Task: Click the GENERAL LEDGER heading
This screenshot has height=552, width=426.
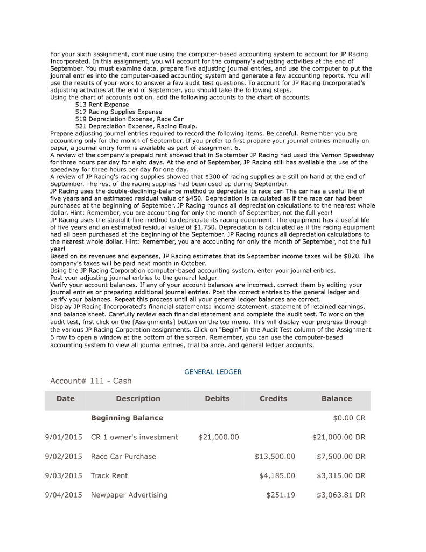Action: click(x=213, y=372)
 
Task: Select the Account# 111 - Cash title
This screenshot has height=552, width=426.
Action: click(x=90, y=381)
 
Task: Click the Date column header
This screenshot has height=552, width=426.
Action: click(x=65, y=399)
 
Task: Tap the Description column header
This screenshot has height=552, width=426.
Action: click(x=138, y=399)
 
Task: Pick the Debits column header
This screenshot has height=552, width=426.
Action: click(x=217, y=399)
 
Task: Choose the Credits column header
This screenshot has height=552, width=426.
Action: click(x=273, y=399)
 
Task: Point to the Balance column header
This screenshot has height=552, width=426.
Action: click(x=336, y=399)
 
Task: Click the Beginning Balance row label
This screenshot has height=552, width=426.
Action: click(x=127, y=418)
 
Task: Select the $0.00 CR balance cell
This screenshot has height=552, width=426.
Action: click(x=349, y=418)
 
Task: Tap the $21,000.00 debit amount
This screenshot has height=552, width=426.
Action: click(x=218, y=437)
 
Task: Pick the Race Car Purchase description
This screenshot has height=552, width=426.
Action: click(x=123, y=457)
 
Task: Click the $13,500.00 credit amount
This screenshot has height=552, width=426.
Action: click(x=275, y=457)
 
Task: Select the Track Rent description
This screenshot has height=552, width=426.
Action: click(x=109, y=476)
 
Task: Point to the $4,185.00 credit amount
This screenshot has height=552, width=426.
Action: click(x=277, y=476)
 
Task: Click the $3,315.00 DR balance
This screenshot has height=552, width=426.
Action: click(x=340, y=476)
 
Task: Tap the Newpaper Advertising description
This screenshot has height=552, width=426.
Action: click(x=129, y=495)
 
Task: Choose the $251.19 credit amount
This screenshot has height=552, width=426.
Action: click(x=281, y=495)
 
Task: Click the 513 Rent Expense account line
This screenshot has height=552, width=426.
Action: click(x=102, y=105)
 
